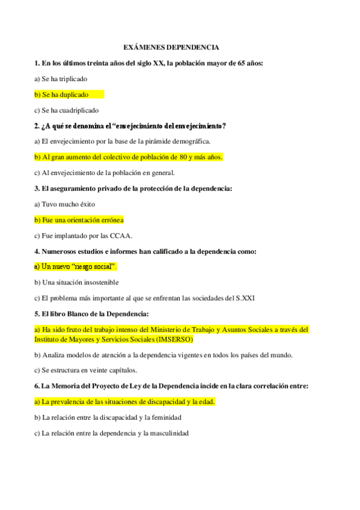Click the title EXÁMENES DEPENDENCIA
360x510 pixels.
click(171, 47)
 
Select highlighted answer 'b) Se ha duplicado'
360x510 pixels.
click(62, 94)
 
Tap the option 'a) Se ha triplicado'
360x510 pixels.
click(61, 79)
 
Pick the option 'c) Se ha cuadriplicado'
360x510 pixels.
click(67, 110)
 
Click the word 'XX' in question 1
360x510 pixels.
click(159, 63)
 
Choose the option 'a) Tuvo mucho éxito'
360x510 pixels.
click(65, 204)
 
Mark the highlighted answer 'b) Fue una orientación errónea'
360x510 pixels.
click(79, 220)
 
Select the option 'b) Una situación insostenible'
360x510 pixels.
click(76, 282)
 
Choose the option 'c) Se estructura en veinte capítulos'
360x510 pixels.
click(86, 370)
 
